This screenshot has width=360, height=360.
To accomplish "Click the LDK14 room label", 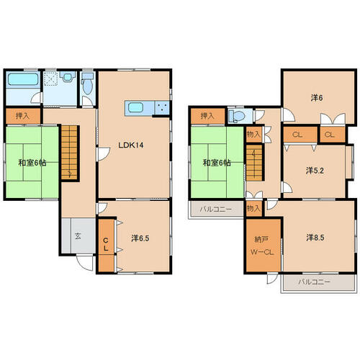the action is (131, 145).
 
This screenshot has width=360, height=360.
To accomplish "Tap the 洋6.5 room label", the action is (140, 238).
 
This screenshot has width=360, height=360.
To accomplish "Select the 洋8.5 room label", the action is (315, 238).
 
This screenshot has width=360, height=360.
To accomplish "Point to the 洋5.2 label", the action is (315, 171).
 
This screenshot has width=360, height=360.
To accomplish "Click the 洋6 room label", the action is (317, 98).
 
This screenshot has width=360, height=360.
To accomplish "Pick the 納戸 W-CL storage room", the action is (264, 245).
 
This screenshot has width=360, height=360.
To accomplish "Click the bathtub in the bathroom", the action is (23, 79).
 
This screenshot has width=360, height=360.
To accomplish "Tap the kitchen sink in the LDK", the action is (135, 107).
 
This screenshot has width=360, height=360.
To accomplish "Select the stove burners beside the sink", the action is (162, 107).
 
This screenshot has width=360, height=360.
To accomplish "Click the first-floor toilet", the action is (87, 84).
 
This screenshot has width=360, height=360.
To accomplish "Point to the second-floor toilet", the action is (237, 115).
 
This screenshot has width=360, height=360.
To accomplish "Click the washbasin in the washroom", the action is (67, 77).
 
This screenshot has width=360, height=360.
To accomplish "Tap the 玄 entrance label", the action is (78, 236).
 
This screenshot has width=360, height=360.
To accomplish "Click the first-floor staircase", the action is (70, 153).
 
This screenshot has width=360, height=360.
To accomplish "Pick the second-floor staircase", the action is (254, 162).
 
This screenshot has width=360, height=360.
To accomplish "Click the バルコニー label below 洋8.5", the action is (314, 282).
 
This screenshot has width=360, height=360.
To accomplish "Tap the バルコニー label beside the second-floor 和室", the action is (216, 210).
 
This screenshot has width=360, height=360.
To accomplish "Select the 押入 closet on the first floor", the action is (23, 116).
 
